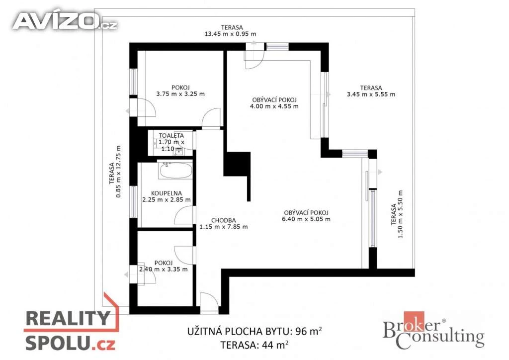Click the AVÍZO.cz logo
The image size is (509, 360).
coord(65,21)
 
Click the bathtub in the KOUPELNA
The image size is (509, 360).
coord(175,170)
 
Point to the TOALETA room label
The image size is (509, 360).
coord(171,136)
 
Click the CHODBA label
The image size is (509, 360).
coord(223,220)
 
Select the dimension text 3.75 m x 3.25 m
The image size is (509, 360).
coord(180,94)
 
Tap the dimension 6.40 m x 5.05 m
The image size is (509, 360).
coord(306,219)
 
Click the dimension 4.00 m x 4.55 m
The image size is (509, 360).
coord(274,106)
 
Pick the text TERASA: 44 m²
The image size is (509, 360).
coord(254,345)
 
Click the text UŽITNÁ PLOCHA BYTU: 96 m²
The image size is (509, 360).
coord(254,332)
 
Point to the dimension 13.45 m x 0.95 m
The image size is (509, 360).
coord(230,34)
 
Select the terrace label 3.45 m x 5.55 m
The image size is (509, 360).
coord(371,94)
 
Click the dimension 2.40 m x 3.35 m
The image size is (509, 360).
coord(163,269)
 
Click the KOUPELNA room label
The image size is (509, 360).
coord(167,193)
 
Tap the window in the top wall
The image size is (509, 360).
coord(277,46)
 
